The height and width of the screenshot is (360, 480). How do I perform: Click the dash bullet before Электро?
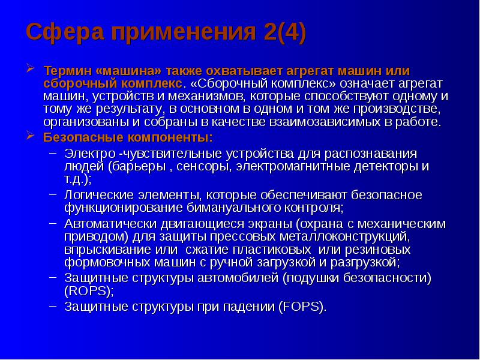(53, 152)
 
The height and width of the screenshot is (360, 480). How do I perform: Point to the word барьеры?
(135, 166)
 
